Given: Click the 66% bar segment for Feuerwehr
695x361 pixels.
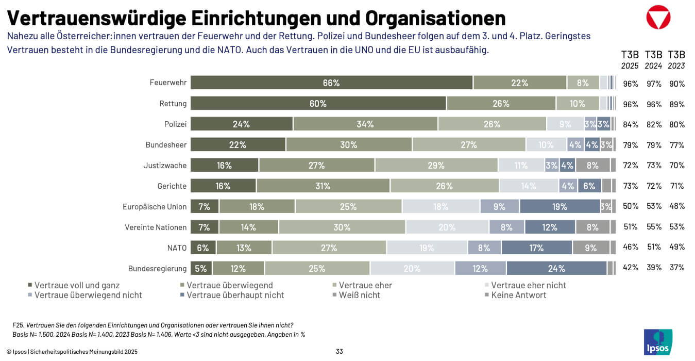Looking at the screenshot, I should point(331,83).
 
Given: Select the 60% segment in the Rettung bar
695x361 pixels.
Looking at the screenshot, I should point(318,104).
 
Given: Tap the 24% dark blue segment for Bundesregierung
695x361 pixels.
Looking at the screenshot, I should point(556,268).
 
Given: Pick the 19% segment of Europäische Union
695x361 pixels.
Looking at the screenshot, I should point(560,206).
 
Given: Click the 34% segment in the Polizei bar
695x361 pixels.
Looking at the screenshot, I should point(365,124).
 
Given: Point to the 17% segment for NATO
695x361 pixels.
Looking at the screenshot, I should point(536,248).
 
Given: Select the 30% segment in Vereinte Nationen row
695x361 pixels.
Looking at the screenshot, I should point(342,227).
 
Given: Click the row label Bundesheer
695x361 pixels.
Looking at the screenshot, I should point(166,145).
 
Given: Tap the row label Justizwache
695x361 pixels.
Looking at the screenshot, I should point(165,166).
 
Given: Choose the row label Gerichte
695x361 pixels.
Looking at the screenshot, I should point(172,186).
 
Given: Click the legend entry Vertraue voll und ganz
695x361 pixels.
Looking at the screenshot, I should point(77,285).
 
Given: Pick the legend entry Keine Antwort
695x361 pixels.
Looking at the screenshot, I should point(518,295).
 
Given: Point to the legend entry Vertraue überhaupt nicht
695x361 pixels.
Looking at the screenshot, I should point(235,295).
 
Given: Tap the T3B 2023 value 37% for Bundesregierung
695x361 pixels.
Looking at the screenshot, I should point(676,268).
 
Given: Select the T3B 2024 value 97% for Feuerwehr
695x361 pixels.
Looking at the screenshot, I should point(653,84).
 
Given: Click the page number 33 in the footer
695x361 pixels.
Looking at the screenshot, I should point(339,352).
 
